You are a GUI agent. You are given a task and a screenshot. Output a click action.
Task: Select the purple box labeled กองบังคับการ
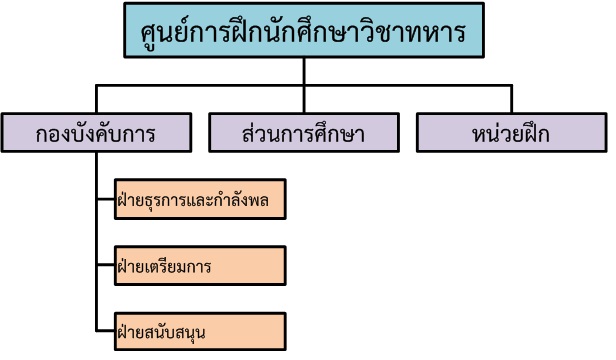click(95, 132)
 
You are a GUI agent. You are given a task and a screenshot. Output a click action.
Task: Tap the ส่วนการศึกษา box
click(303, 132)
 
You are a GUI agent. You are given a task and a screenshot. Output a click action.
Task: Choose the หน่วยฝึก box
click(511, 132)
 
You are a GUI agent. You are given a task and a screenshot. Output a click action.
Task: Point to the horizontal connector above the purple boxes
click(200, 87)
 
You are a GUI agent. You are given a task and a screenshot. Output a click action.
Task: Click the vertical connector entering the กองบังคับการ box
click(95, 100)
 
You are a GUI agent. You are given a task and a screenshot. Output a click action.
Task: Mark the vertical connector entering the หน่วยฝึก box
click(511, 100)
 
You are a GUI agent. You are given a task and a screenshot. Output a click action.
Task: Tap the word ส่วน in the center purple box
click(263, 132)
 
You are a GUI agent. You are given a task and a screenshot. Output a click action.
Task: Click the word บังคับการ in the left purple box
click(109, 132)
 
